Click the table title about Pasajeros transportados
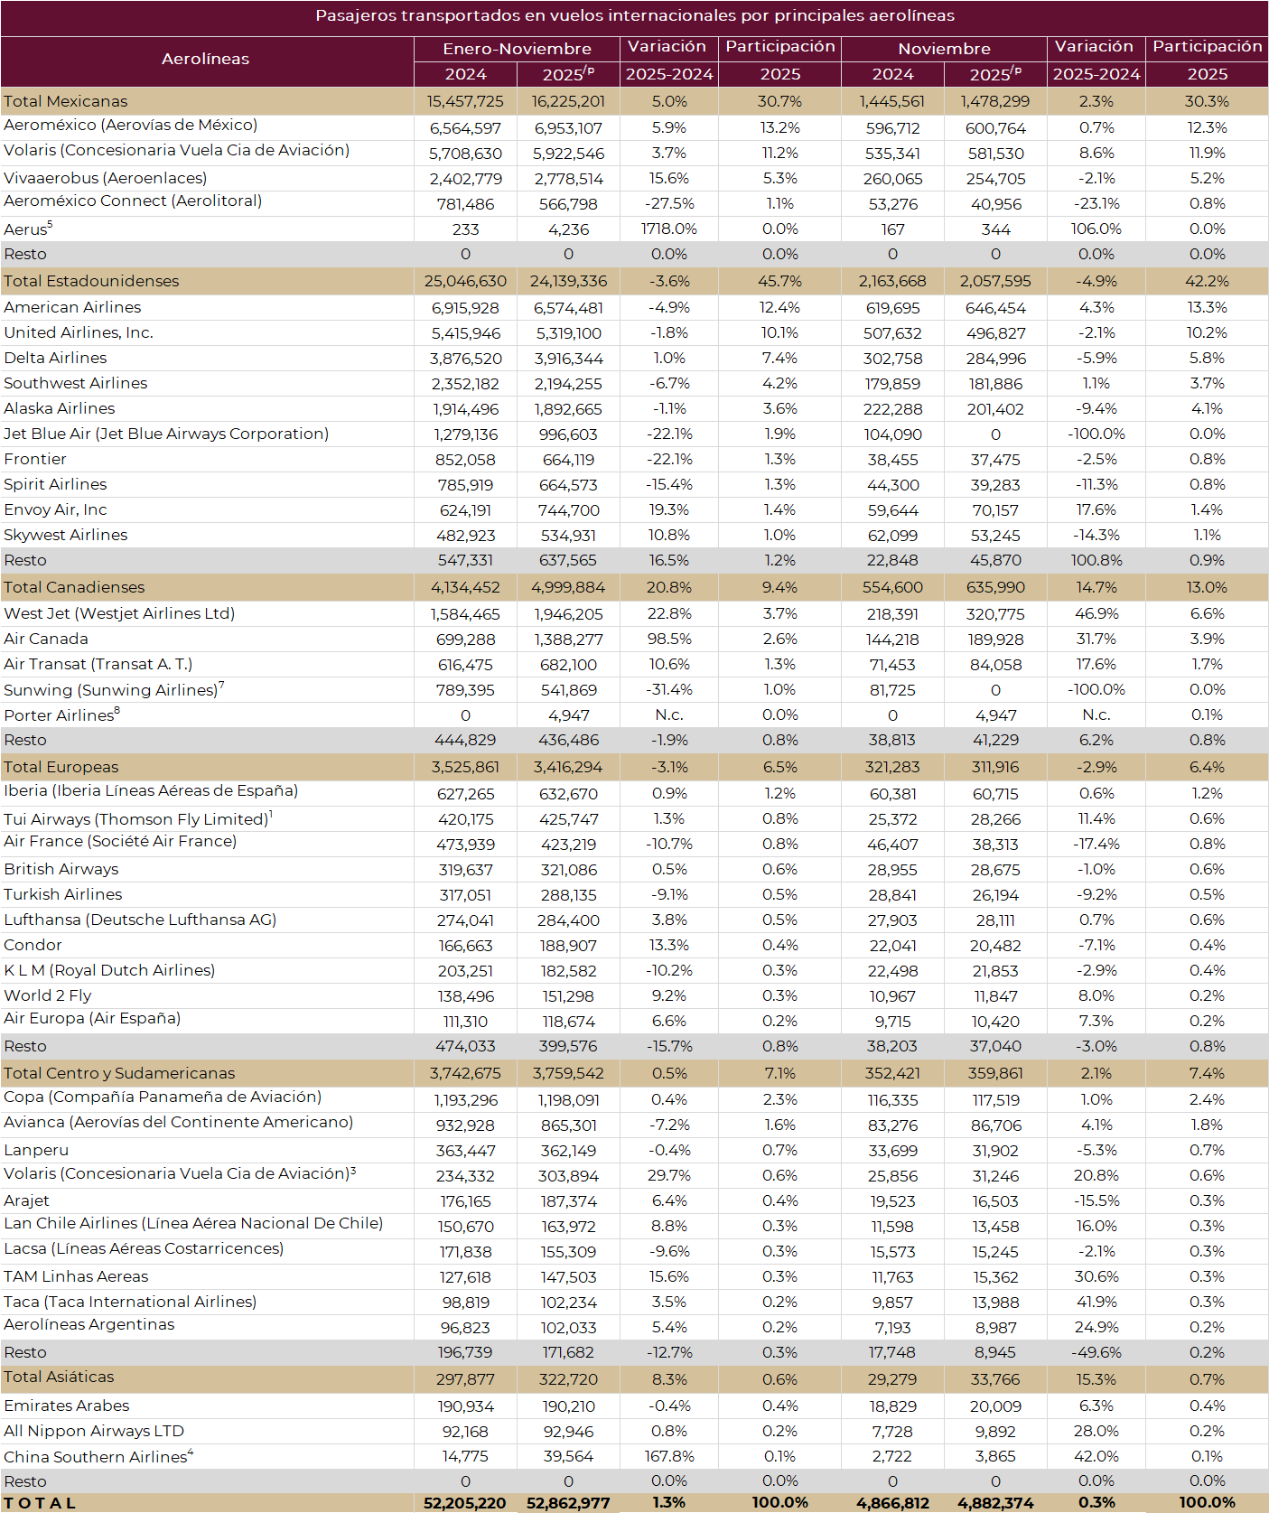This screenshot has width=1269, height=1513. pyautogui.click(x=634, y=16)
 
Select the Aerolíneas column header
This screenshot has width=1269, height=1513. pyautogui.click(x=206, y=59)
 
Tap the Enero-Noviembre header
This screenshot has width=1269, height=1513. pyautogui.click(x=517, y=49)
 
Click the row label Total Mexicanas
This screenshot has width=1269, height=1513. pyautogui.click(x=66, y=101)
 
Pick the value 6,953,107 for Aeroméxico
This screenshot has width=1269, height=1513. pyautogui.click(x=568, y=128)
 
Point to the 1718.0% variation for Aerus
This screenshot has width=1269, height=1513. pyautogui.click(x=668, y=229)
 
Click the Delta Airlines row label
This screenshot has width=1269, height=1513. pyautogui.click(x=55, y=358)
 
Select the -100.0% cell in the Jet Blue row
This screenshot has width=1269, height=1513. pyautogui.click(x=1096, y=434)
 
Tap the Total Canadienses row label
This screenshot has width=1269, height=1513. pyautogui.click(x=74, y=587)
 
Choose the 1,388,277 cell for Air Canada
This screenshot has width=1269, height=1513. pyautogui.click(x=568, y=640)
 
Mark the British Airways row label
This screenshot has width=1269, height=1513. pyautogui.click(x=61, y=869)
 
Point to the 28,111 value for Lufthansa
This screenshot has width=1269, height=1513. pyautogui.click(x=995, y=920)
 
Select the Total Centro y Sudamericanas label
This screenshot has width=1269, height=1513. pyautogui.click(x=119, y=1073)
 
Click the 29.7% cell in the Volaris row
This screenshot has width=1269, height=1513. pyautogui.click(x=668, y=1175)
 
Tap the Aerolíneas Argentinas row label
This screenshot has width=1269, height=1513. pyautogui.click(x=89, y=1324)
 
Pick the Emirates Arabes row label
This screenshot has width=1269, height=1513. pyautogui.click(x=67, y=1406)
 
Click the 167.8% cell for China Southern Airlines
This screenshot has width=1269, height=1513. pyautogui.click(x=668, y=1456)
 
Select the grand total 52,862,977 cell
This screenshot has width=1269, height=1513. pyautogui.click(x=568, y=1503)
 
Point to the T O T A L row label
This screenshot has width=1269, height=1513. pyautogui.click(x=40, y=1503)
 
